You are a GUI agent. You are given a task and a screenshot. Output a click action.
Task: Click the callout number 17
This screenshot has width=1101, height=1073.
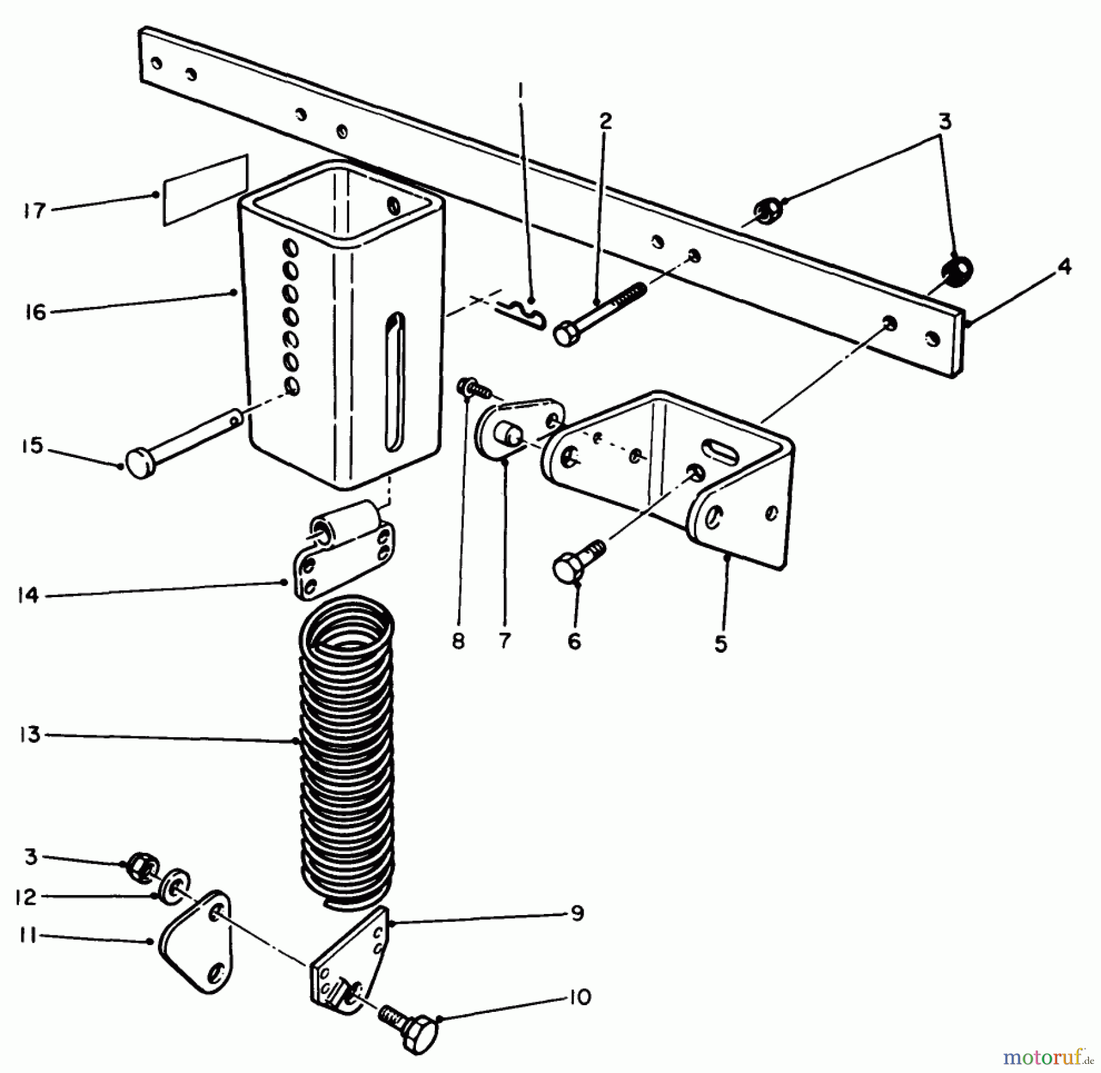point(36,211)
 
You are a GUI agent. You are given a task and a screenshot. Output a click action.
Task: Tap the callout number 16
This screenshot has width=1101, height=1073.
point(36,313)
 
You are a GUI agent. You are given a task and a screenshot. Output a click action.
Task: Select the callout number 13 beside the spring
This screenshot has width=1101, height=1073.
point(29,734)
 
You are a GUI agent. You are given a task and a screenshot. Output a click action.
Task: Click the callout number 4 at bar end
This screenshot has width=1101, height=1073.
point(1064,267)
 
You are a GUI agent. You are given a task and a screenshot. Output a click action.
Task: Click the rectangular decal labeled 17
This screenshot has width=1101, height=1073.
point(206,190)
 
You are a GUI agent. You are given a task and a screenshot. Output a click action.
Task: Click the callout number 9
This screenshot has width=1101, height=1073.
point(576,913)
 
